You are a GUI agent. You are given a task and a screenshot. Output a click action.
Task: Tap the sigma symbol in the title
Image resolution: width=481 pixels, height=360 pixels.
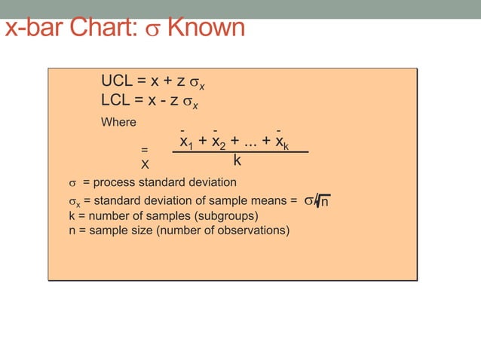coord(153,30)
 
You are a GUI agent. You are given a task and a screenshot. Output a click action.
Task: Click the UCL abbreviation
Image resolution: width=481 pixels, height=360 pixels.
coord(118,81)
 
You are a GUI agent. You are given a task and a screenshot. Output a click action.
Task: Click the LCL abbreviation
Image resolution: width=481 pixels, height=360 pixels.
coord(117,100)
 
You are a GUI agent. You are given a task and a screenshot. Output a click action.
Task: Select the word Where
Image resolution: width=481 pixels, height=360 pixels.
coord(118,122)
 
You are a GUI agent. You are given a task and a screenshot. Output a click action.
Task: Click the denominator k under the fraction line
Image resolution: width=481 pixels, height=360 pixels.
coord(237,160)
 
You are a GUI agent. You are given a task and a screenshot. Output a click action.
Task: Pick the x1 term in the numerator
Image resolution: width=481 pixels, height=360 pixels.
coord(185,142)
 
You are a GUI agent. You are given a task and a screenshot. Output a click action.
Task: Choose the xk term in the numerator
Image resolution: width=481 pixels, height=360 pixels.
coord(282,142)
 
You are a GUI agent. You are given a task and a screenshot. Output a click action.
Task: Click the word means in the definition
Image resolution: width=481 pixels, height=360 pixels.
coord(270,201)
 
